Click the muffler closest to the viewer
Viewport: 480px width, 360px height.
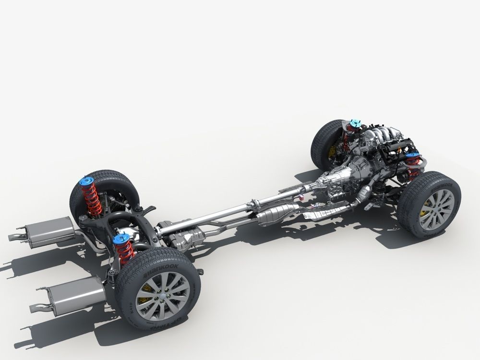click(77, 294)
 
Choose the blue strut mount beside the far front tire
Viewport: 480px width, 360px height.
click(355, 124)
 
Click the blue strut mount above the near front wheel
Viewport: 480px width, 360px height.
click(412, 156)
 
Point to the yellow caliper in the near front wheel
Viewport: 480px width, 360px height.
click(424, 212)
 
